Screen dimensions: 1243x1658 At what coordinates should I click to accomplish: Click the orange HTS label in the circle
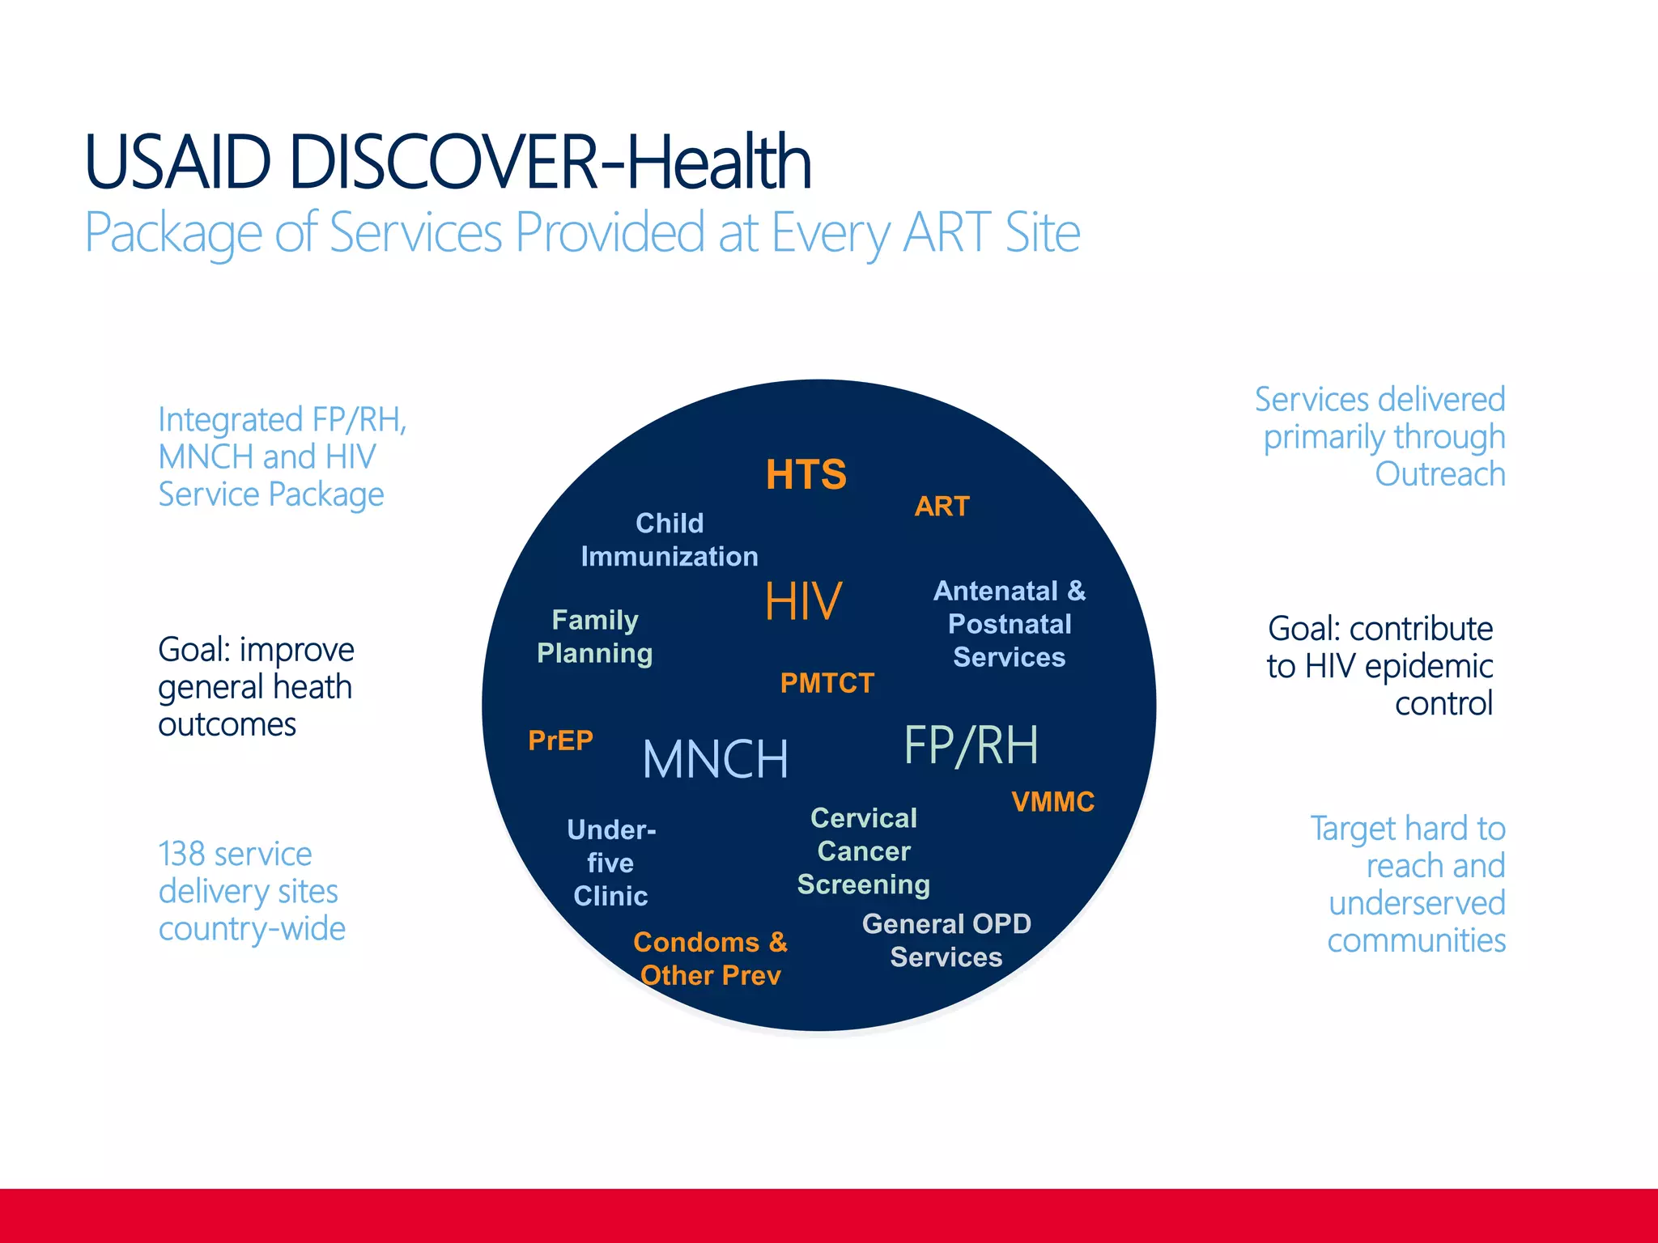pos(806,474)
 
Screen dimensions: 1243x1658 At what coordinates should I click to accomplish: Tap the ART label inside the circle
pos(942,507)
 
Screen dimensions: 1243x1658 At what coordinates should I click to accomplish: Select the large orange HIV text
pos(803,601)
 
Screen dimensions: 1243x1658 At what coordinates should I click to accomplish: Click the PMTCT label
pos(827,683)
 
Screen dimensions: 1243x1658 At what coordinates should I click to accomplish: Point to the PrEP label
pos(560,740)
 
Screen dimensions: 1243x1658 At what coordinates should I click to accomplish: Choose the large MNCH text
pos(715,759)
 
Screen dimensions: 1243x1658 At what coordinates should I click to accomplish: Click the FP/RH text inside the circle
pos(971,745)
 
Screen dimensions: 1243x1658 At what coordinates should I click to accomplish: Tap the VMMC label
pos(1052,802)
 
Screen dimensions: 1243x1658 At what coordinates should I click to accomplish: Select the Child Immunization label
pos(670,540)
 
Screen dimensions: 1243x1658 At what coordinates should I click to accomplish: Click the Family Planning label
pos(595,637)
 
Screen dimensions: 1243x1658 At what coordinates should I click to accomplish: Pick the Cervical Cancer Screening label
pos(864,851)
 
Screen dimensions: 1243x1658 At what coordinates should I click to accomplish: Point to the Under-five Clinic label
pos(611,863)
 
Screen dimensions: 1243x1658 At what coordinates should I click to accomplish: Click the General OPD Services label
pos(946,940)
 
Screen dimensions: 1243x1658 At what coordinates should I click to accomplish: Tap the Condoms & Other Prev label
pos(710,959)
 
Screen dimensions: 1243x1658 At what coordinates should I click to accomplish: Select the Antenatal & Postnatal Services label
pos(1009,624)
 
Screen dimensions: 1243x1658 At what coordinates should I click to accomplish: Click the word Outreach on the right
pos(1439,474)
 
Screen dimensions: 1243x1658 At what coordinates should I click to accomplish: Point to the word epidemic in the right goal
pos(1429,667)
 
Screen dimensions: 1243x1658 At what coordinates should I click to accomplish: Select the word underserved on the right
pos(1417,903)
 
